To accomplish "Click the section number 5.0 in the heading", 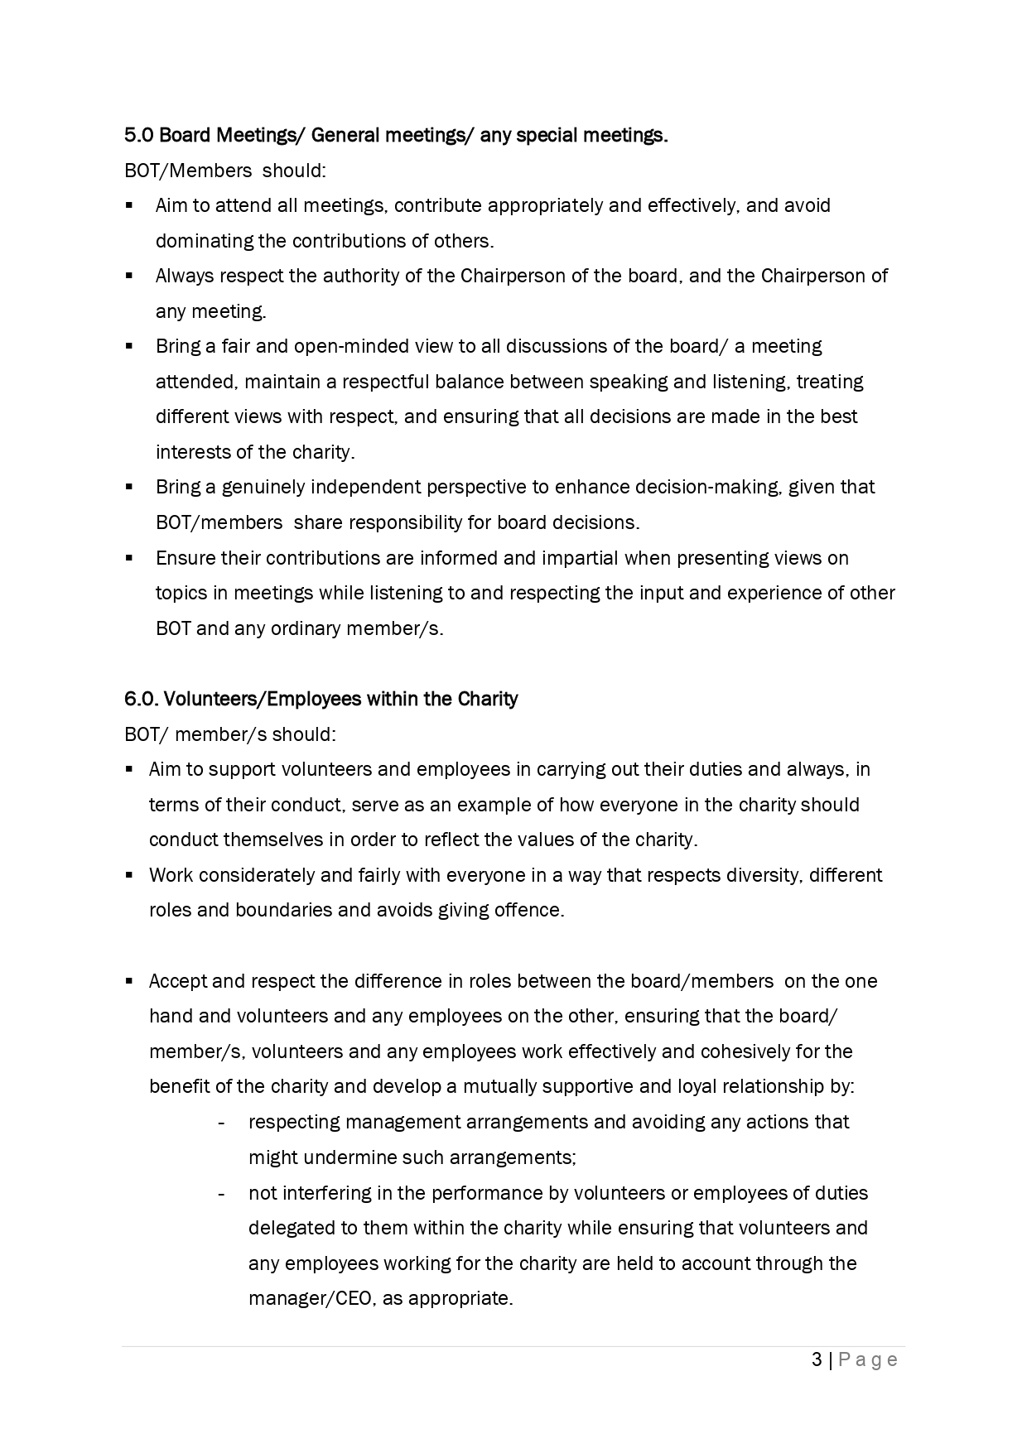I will pyautogui.click(x=138, y=135).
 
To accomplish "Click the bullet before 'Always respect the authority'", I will pyautogui.click(x=129, y=276).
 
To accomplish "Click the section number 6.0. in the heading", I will pyautogui.click(x=142, y=699).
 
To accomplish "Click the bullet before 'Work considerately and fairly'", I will pyautogui.click(x=129, y=875).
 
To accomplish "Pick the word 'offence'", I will pyautogui.click(x=528, y=910).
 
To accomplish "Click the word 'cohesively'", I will pyautogui.click(x=752, y=1051).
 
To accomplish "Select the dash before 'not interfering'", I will pyautogui.click(x=221, y=1193).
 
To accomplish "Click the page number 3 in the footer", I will pyautogui.click(x=817, y=1359).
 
